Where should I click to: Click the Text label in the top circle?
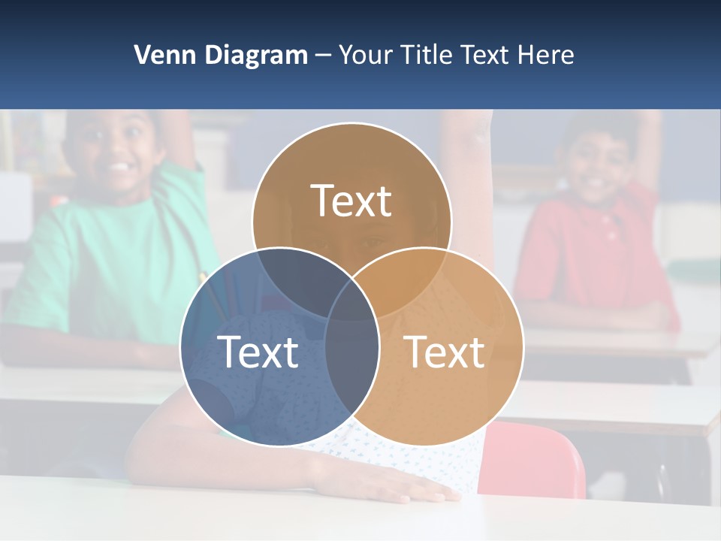[x=351, y=201]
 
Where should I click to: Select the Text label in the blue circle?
[x=258, y=352]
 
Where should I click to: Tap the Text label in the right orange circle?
[x=444, y=352]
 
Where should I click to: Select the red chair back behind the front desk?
[x=537, y=458]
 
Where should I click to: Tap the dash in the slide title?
[x=323, y=55]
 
